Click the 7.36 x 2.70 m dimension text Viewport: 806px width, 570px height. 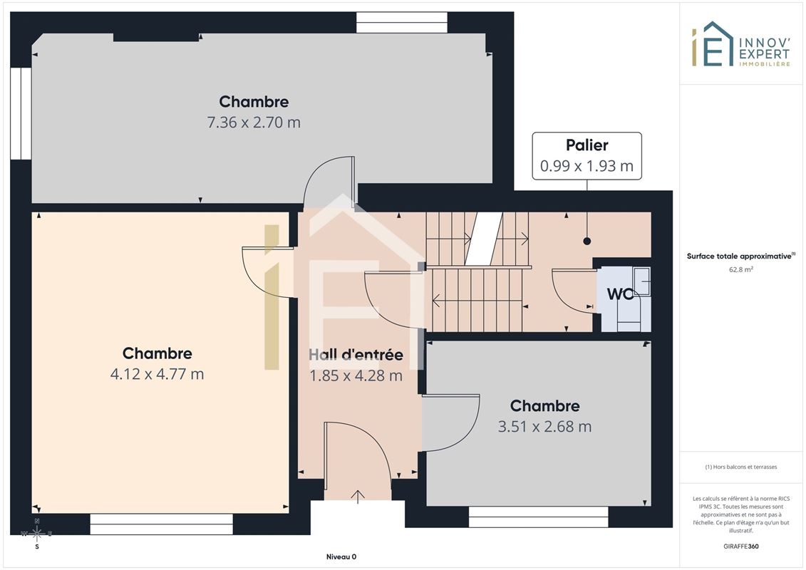pyautogui.click(x=254, y=123)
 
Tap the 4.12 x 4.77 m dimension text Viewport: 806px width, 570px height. pyautogui.click(x=157, y=373)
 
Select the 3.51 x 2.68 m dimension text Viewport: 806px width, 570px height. pyautogui.click(x=544, y=427)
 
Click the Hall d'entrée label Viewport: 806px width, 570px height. pyautogui.click(x=356, y=355)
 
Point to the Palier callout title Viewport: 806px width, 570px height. pyautogui.click(x=587, y=145)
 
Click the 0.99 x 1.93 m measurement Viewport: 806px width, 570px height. pyautogui.click(x=587, y=166)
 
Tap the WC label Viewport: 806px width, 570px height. pyautogui.click(x=621, y=294)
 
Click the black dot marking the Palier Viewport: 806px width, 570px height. pyautogui.click(x=587, y=241)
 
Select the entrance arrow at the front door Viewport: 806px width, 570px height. pyautogui.click(x=358, y=497)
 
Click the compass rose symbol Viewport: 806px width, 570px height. pyautogui.click(x=37, y=534)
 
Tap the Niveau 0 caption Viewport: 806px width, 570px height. pyautogui.click(x=341, y=556)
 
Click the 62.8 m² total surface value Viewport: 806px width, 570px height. pyautogui.click(x=740, y=269)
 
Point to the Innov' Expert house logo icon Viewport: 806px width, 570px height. pyautogui.click(x=712, y=44)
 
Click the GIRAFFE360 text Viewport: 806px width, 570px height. pyautogui.click(x=740, y=546)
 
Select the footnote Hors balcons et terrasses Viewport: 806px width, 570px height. pyautogui.click(x=740, y=467)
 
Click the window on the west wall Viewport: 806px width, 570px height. pyautogui.click(x=21, y=113)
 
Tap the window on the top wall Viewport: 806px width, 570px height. pyautogui.click(x=402, y=23)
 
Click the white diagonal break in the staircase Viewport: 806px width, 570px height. pyautogui.click(x=483, y=239)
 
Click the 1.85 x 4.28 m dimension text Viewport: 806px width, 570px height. pyautogui.click(x=356, y=375)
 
